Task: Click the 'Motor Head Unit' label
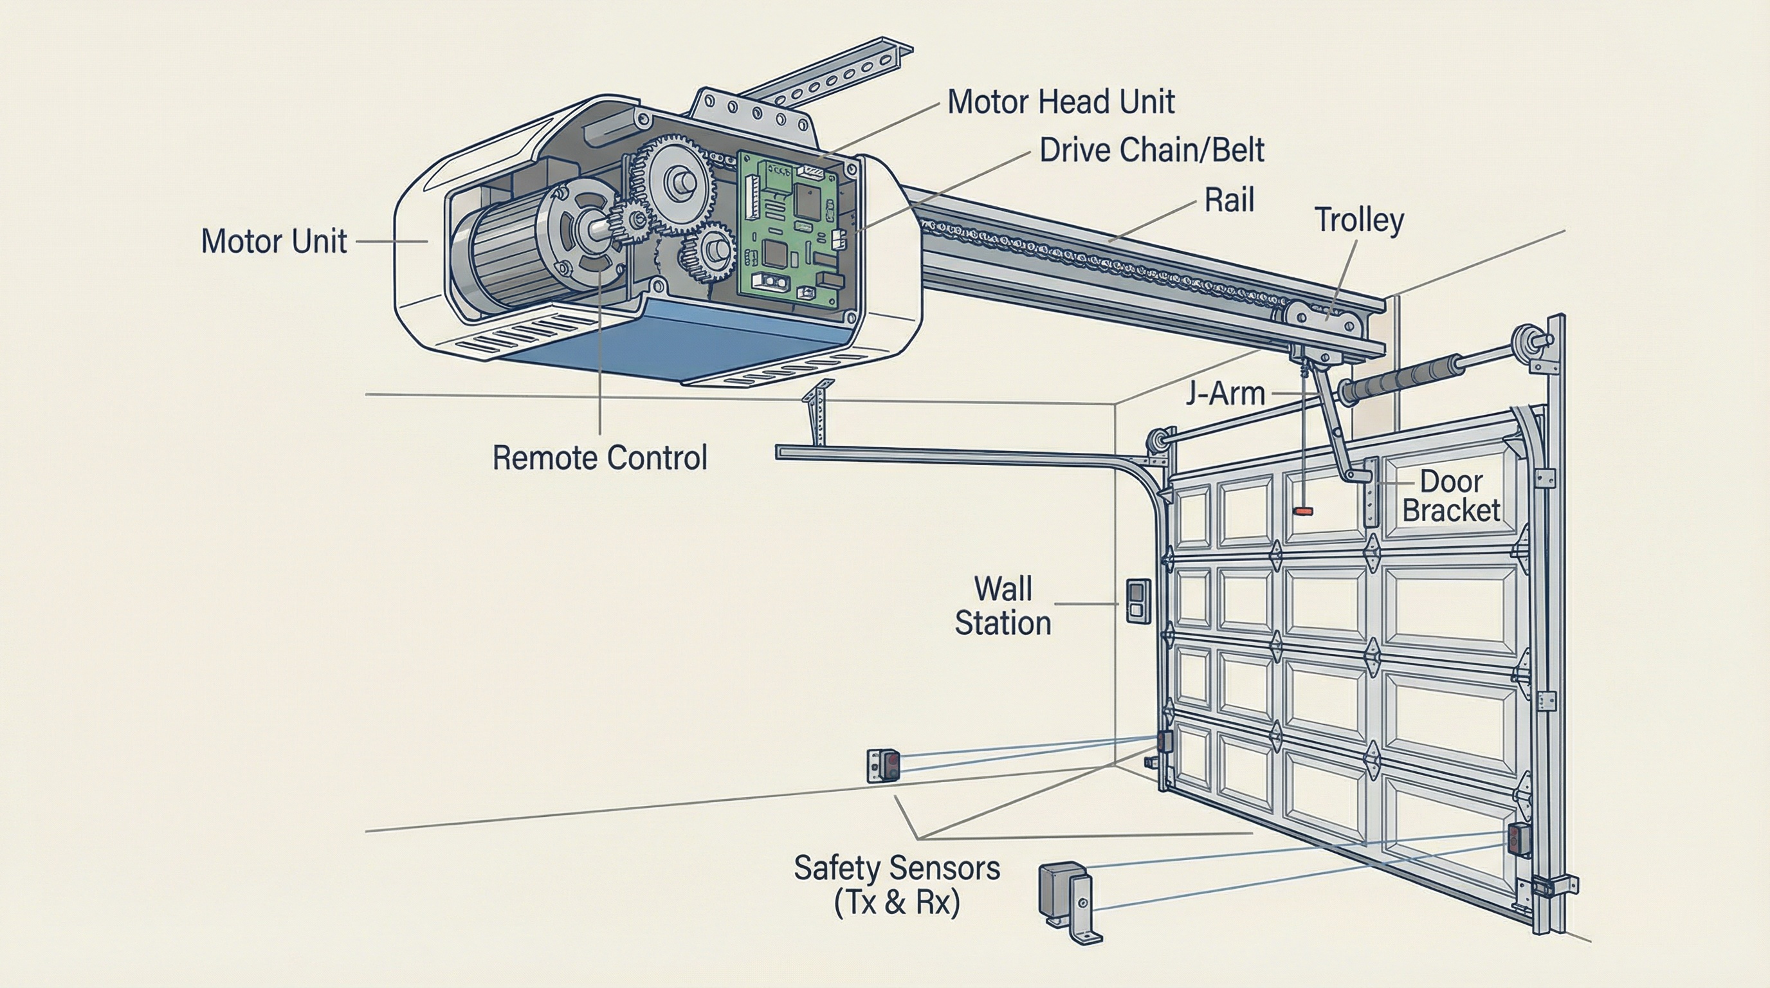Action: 1060,102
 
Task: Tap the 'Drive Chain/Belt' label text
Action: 1151,151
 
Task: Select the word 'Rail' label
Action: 1229,201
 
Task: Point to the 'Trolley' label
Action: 1358,221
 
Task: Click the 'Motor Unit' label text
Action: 273,242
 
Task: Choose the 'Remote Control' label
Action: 599,458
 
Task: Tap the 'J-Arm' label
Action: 1225,394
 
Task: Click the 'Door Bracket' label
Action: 1450,496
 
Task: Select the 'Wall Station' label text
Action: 1003,606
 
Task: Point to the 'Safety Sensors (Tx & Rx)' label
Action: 896,885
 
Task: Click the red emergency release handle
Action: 1303,511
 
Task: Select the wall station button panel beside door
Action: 1137,601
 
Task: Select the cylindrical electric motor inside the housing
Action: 509,254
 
